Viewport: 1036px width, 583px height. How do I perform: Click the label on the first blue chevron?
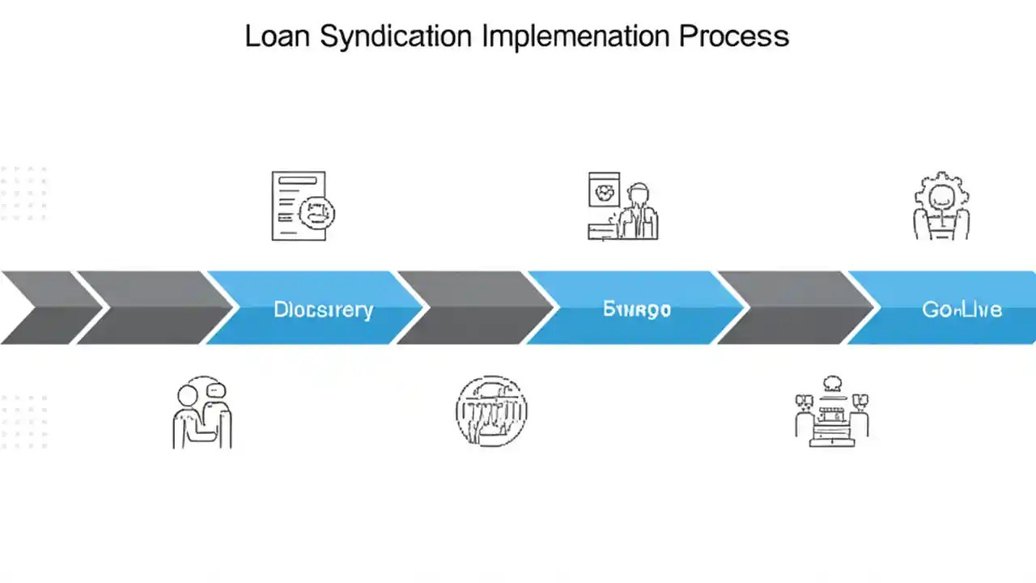coord(323,309)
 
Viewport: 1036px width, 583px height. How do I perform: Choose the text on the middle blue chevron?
coord(636,309)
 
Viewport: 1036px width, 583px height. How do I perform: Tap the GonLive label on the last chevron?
coord(962,309)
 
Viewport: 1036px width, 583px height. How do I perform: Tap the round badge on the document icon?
coord(316,213)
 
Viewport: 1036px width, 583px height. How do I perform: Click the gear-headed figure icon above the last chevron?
coord(941,206)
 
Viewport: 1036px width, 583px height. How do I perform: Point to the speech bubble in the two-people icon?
coord(214,389)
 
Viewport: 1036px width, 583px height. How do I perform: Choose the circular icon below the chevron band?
coord(491,411)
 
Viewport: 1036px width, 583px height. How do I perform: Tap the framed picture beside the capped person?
coord(604,193)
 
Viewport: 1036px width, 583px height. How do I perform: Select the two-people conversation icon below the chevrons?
coord(202,412)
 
